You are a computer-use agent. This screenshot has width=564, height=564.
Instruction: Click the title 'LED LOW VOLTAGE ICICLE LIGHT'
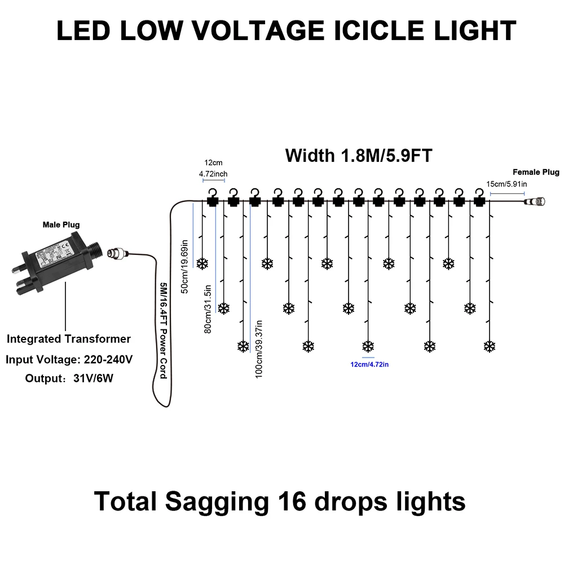(286, 30)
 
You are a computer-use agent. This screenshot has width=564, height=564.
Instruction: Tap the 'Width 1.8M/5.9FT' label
(359, 155)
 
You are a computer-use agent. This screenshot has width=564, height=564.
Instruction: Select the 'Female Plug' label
(535, 172)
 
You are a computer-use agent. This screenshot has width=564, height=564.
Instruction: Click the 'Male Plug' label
(61, 224)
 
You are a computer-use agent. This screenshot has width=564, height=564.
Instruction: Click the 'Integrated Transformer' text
(69, 339)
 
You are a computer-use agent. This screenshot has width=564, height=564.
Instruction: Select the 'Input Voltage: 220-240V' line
(69, 359)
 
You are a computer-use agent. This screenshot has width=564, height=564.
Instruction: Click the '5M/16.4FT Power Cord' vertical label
(164, 330)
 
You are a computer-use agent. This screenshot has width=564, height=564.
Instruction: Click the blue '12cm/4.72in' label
(369, 365)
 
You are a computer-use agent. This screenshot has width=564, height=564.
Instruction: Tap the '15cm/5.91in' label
(506, 183)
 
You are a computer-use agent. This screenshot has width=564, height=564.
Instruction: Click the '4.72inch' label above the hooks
(213, 174)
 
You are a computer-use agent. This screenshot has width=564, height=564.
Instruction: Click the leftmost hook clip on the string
(213, 197)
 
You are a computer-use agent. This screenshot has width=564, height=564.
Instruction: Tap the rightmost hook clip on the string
(479, 197)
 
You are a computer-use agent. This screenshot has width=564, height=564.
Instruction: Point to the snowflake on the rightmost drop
(490, 345)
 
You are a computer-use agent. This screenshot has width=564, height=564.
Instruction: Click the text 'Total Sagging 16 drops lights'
(280, 501)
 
